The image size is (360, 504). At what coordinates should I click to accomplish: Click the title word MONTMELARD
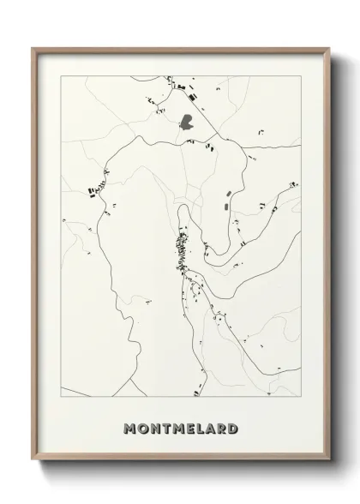[180, 428]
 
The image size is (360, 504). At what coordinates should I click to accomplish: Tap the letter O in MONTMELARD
[142, 428]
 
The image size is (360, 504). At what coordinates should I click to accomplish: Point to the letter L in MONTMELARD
[201, 428]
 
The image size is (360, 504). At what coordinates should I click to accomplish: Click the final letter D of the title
[233, 428]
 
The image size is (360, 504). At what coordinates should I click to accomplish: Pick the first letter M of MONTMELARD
[129, 428]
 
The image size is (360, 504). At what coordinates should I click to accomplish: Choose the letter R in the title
[222, 428]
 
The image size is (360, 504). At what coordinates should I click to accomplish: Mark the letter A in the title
[211, 428]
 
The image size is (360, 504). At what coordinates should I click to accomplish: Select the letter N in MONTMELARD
[154, 428]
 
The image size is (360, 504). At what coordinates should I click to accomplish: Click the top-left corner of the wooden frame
[33, 48]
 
